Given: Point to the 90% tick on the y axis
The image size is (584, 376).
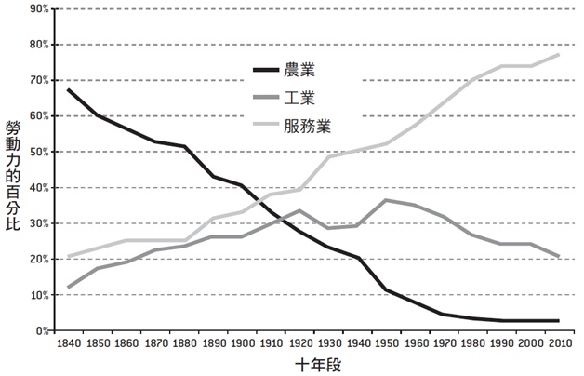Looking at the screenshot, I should (40, 9).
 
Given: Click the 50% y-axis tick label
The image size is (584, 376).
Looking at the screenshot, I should (40, 152).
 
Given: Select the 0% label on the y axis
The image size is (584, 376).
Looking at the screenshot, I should (43, 331).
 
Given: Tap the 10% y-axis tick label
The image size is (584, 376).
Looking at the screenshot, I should (40, 295).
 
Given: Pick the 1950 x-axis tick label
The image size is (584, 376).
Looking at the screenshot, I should (387, 343).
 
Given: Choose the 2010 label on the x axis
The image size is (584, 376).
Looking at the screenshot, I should (560, 343).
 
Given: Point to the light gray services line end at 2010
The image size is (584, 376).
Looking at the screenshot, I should (560, 55).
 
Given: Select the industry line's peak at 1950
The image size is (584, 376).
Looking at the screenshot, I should (387, 199).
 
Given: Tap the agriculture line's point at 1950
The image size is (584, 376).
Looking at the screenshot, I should (387, 290).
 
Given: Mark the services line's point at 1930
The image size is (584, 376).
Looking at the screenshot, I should (329, 157).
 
